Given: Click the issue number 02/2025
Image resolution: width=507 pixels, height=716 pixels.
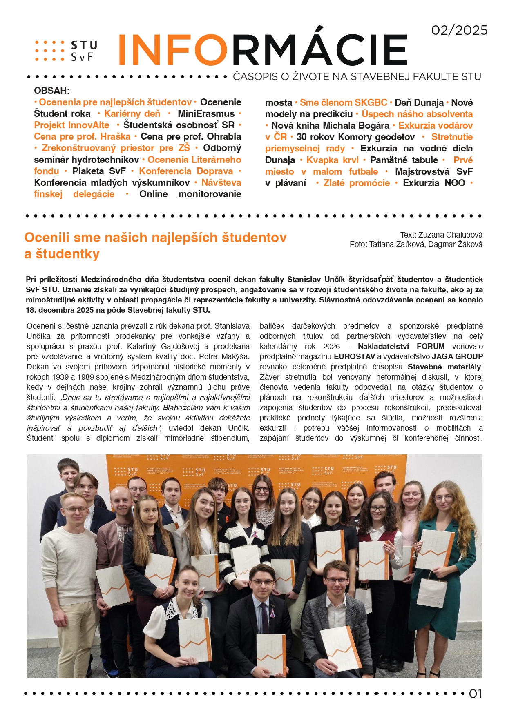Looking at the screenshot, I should [x=459, y=30].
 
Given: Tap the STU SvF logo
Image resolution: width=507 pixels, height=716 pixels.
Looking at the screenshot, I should [x=67, y=51].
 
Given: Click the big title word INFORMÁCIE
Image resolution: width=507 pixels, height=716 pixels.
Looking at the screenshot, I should [x=263, y=50].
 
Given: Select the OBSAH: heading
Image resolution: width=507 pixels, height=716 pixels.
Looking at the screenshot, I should [x=52, y=91].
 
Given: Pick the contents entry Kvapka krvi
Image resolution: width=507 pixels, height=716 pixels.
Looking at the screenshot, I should [x=332, y=160].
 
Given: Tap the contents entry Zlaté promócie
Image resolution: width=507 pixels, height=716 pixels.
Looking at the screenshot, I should [x=356, y=183].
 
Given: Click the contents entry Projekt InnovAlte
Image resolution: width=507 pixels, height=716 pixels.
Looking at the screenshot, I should [x=72, y=125].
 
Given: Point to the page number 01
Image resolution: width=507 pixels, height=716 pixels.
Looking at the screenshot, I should [x=476, y=694].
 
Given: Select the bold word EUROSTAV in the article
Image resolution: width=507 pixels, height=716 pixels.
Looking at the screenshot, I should [x=354, y=356].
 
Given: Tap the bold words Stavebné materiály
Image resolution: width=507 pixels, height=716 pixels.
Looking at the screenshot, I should [x=444, y=367].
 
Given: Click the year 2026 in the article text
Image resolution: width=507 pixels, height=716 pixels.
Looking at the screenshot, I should [x=331, y=346].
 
